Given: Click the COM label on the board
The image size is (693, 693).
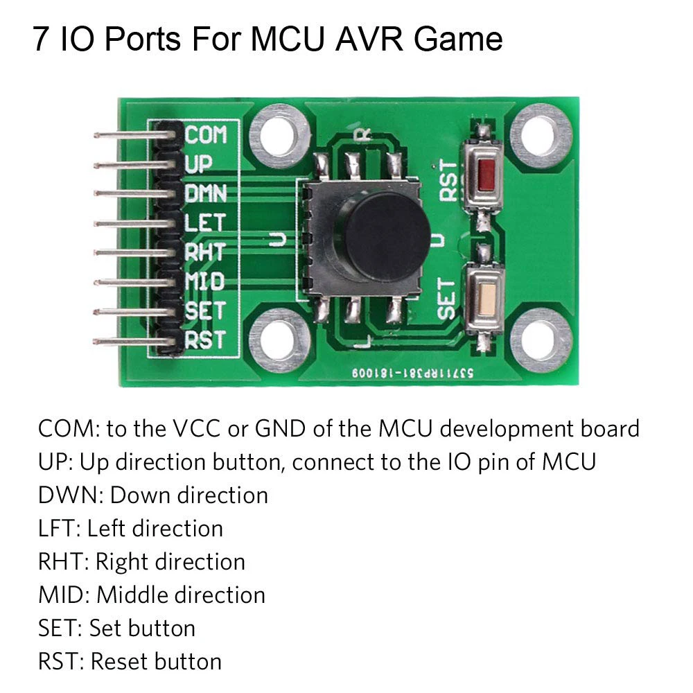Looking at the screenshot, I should (206, 134).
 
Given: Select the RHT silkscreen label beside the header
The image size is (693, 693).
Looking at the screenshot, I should (204, 252).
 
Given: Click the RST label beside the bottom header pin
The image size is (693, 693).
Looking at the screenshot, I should (205, 341).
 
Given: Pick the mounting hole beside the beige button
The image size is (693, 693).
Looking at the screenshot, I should (540, 340).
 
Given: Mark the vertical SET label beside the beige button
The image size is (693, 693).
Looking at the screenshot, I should (447, 298).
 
